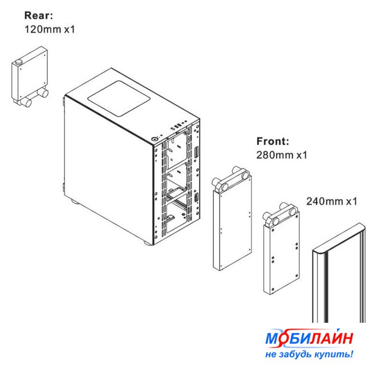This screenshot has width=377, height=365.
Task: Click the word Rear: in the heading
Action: point(38,15)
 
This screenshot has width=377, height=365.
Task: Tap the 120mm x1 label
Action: point(50,29)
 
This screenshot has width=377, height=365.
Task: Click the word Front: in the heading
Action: point(273,141)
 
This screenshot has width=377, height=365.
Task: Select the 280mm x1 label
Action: point(282,155)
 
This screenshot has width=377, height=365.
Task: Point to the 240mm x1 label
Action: point(331,201)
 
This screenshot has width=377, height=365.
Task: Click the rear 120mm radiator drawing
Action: point(30,76)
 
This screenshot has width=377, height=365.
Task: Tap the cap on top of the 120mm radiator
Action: point(18,63)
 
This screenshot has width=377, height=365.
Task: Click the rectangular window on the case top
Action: point(119,98)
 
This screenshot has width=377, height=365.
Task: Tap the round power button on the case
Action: point(155,139)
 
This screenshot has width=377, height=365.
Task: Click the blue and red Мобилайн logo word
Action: point(309,338)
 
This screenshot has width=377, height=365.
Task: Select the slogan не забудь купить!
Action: point(309,354)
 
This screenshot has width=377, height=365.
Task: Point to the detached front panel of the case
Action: point(339,273)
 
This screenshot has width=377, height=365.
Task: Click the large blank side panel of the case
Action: point(108,168)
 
